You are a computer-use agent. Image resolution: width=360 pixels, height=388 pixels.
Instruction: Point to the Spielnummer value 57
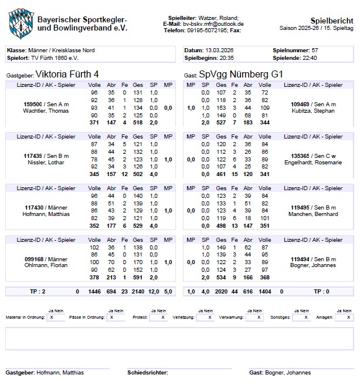315,50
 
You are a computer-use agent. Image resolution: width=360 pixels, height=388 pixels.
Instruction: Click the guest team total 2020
221,291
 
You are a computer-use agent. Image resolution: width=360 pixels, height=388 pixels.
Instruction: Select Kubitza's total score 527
222,123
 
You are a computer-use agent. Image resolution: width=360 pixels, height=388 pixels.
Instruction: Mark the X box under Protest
158,317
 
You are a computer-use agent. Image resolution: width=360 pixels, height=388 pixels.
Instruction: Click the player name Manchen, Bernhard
313,214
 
